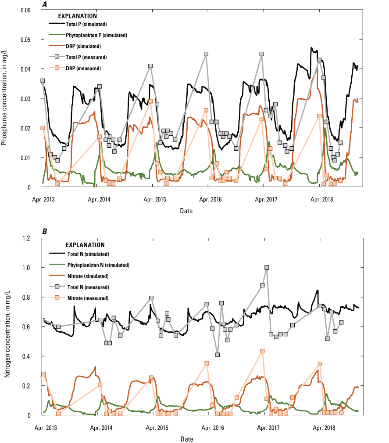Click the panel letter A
[x=45, y=4]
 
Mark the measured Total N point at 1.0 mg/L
[x=267, y=268]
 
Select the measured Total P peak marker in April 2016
[x=206, y=54]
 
